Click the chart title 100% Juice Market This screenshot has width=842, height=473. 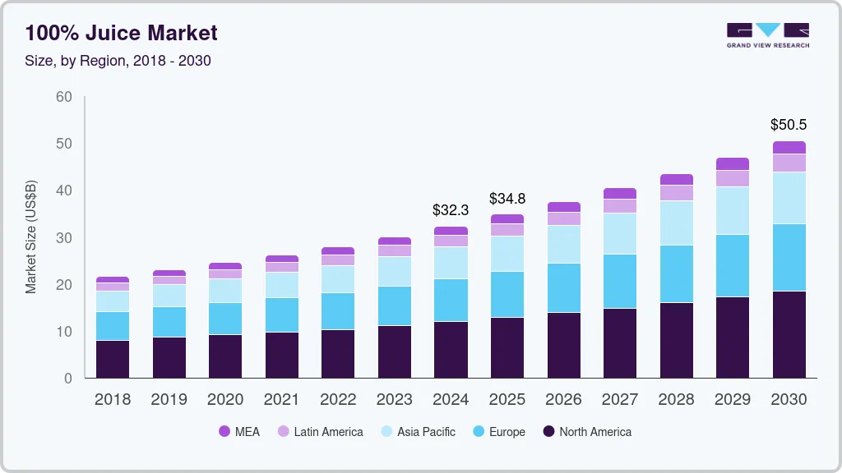[121, 33]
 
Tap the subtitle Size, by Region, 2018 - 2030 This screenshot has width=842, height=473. [118, 61]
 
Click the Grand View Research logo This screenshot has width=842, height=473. [767, 34]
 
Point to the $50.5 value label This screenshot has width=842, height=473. [789, 125]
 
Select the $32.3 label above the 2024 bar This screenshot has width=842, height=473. [451, 210]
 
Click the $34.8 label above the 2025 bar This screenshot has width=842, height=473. [507, 199]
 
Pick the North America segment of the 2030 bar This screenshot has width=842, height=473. [789, 334]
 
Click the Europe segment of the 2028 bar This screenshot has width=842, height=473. [676, 273]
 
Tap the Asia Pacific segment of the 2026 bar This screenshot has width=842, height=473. [563, 244]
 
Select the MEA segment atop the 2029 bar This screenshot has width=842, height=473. [732, 163]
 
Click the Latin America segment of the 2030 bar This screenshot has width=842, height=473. [789, 163]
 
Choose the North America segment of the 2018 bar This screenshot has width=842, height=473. [113, 359]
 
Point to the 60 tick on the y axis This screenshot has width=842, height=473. [63, 97]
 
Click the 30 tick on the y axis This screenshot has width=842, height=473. [63, 238]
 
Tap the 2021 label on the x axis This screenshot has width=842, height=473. [282, 400]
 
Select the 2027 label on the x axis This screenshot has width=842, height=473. [620, 400]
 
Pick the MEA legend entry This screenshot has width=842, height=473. [239, 432]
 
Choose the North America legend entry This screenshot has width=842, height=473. [587, 432]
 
